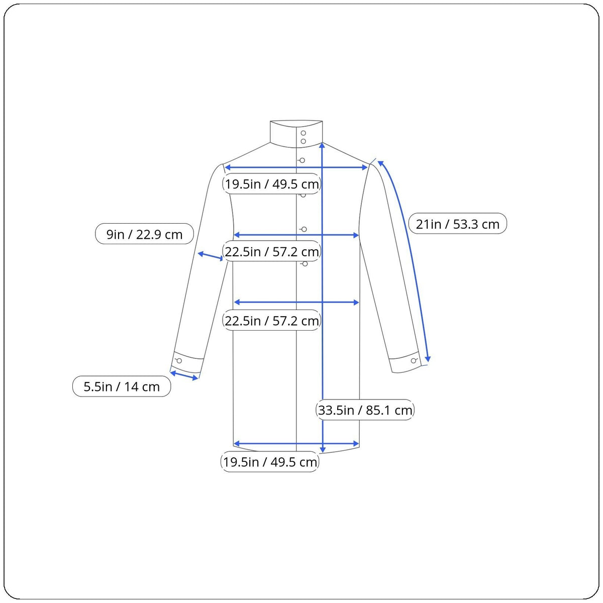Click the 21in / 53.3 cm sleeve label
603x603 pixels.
(x=457, y=224)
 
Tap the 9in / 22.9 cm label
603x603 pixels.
(x=144, y=234)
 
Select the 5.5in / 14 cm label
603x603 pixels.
(x=122, y=386)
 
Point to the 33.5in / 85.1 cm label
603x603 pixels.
(x=365, y=410)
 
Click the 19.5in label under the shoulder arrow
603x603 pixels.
(x=272, y=184)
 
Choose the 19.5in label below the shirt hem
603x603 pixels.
(x=270, y=462)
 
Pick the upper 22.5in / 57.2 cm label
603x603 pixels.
(x=272, y=251)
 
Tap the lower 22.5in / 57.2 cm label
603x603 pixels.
(x=272, y=321)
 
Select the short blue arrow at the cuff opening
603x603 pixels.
(x=184, y=375)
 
